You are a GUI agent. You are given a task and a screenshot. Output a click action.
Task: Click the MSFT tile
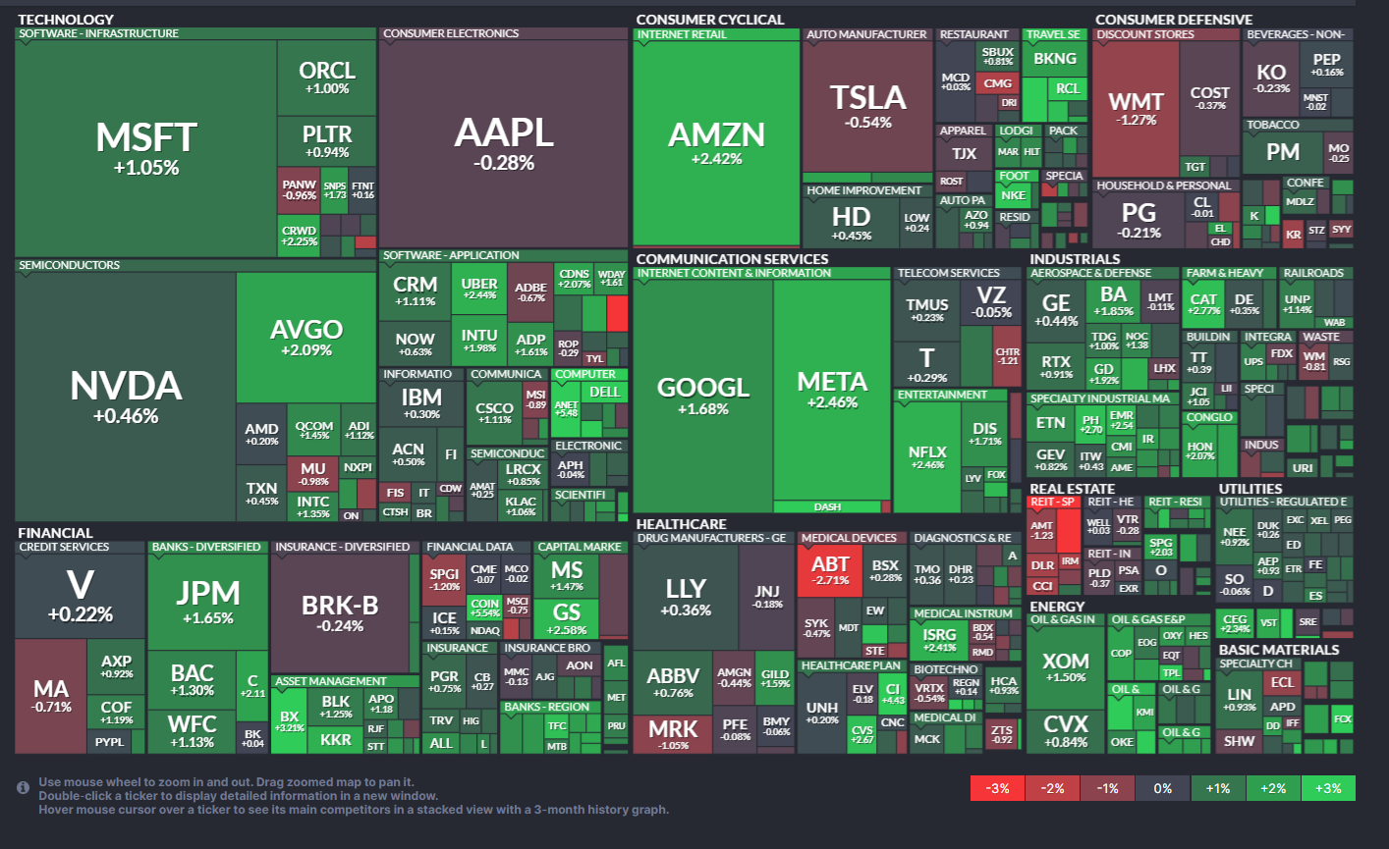[145, 147]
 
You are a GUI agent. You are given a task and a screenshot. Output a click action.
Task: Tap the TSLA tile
[867, 106]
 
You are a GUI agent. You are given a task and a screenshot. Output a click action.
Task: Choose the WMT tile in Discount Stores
[1136, 108]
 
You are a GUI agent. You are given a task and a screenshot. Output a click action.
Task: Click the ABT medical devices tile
[830, 570]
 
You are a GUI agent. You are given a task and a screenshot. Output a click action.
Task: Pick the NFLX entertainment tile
[927, 456]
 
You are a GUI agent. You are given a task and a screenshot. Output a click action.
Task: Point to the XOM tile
[1066, 667]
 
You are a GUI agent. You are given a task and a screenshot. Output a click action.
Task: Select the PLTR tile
[326, 140]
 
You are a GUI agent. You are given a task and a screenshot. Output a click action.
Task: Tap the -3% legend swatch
[997, 788]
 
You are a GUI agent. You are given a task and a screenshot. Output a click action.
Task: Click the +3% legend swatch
[1328, 788]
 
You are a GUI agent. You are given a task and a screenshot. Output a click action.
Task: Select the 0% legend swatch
[1163, 788]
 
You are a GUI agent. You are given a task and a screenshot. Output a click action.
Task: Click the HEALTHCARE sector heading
[681, 524]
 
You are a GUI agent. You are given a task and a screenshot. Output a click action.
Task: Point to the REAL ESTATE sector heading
[1072, 489]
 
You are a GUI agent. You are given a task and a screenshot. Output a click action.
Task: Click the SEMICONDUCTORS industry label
[69, 265]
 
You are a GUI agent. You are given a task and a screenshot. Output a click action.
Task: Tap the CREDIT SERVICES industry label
[64, 547]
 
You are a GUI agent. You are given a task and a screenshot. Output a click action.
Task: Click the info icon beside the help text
[23, 788]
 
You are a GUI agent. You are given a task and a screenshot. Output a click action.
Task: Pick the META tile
[832, 389]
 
